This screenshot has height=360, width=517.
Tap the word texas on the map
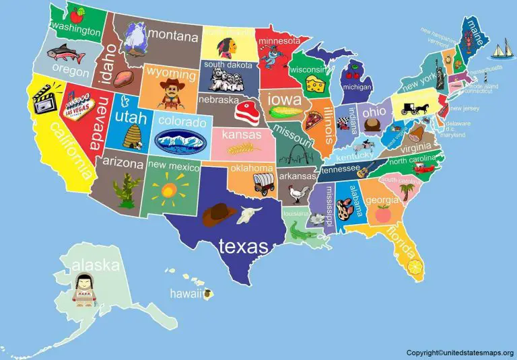click(243, 246)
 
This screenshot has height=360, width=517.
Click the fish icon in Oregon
click(62, 52)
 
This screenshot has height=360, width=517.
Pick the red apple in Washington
click(80, 13)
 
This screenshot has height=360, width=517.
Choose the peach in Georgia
click(383, 214)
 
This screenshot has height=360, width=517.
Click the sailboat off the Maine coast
click(501, 48)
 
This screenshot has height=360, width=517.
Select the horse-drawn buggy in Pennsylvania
click(409, 108)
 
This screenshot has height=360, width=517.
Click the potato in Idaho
click(123, 80)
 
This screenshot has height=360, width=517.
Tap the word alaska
click(96, 264)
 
